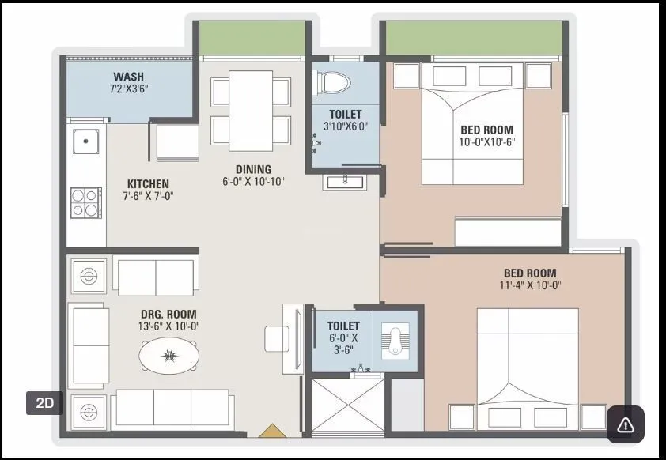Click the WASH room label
pos(128,77)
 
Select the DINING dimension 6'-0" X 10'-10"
pos(253,181)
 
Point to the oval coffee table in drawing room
pos(168,354)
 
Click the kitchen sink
pos(85,141)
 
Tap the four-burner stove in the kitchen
pos(85,202)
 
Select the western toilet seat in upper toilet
pos(331,82)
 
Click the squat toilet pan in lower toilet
pos(395,341)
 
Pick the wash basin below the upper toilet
pos(343,182)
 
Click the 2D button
pos(44,402)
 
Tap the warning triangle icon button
pos(625,424)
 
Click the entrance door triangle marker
pos(271,431)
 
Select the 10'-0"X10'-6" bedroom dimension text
pos(486,142)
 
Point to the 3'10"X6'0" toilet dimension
pos(346,126)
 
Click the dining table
pos(252,110)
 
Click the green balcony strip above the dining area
pos(252,38)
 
